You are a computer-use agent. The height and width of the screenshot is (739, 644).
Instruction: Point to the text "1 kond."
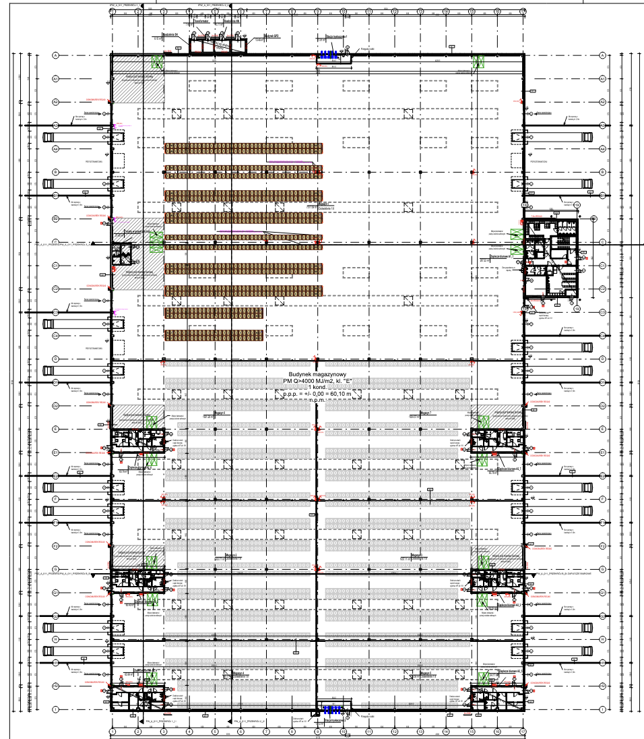coord(315,388)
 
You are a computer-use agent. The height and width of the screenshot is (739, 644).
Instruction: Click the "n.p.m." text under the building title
coord(317,400)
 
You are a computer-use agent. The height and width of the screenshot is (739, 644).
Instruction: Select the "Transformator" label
coord(201,22)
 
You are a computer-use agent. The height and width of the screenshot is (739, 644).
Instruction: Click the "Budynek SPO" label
coord(271,36)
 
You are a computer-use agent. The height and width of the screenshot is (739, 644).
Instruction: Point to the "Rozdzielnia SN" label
coord(170,32)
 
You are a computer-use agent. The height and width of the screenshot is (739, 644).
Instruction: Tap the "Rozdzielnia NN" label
coord(232,21)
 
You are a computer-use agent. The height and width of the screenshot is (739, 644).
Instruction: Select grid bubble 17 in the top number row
coord(523,11)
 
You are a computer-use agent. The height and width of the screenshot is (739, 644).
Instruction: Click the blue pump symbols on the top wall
coord(328,55)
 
